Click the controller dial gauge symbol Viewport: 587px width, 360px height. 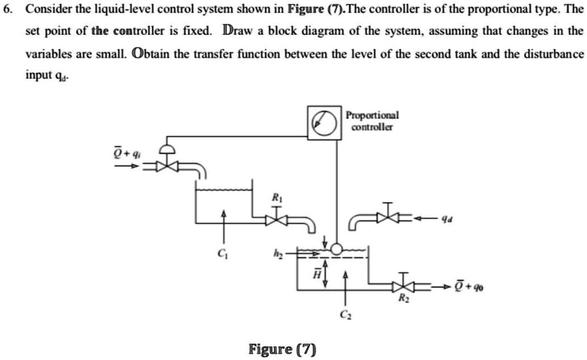click(x=324, y=122)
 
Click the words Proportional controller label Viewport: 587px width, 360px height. click(x=372, y=121)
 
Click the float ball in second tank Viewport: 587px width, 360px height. click(x=336, y=249)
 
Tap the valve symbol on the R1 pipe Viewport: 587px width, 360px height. click(x=277, y=220)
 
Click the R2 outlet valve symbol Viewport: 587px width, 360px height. click(x=403, y=286)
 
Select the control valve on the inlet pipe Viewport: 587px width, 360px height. click(x=168, y=166)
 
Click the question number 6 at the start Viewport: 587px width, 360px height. click(x=6, y=11)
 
